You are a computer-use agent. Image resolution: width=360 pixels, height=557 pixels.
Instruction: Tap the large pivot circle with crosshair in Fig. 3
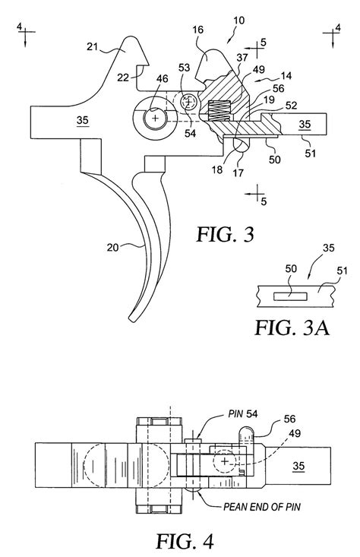pos(156,120)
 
